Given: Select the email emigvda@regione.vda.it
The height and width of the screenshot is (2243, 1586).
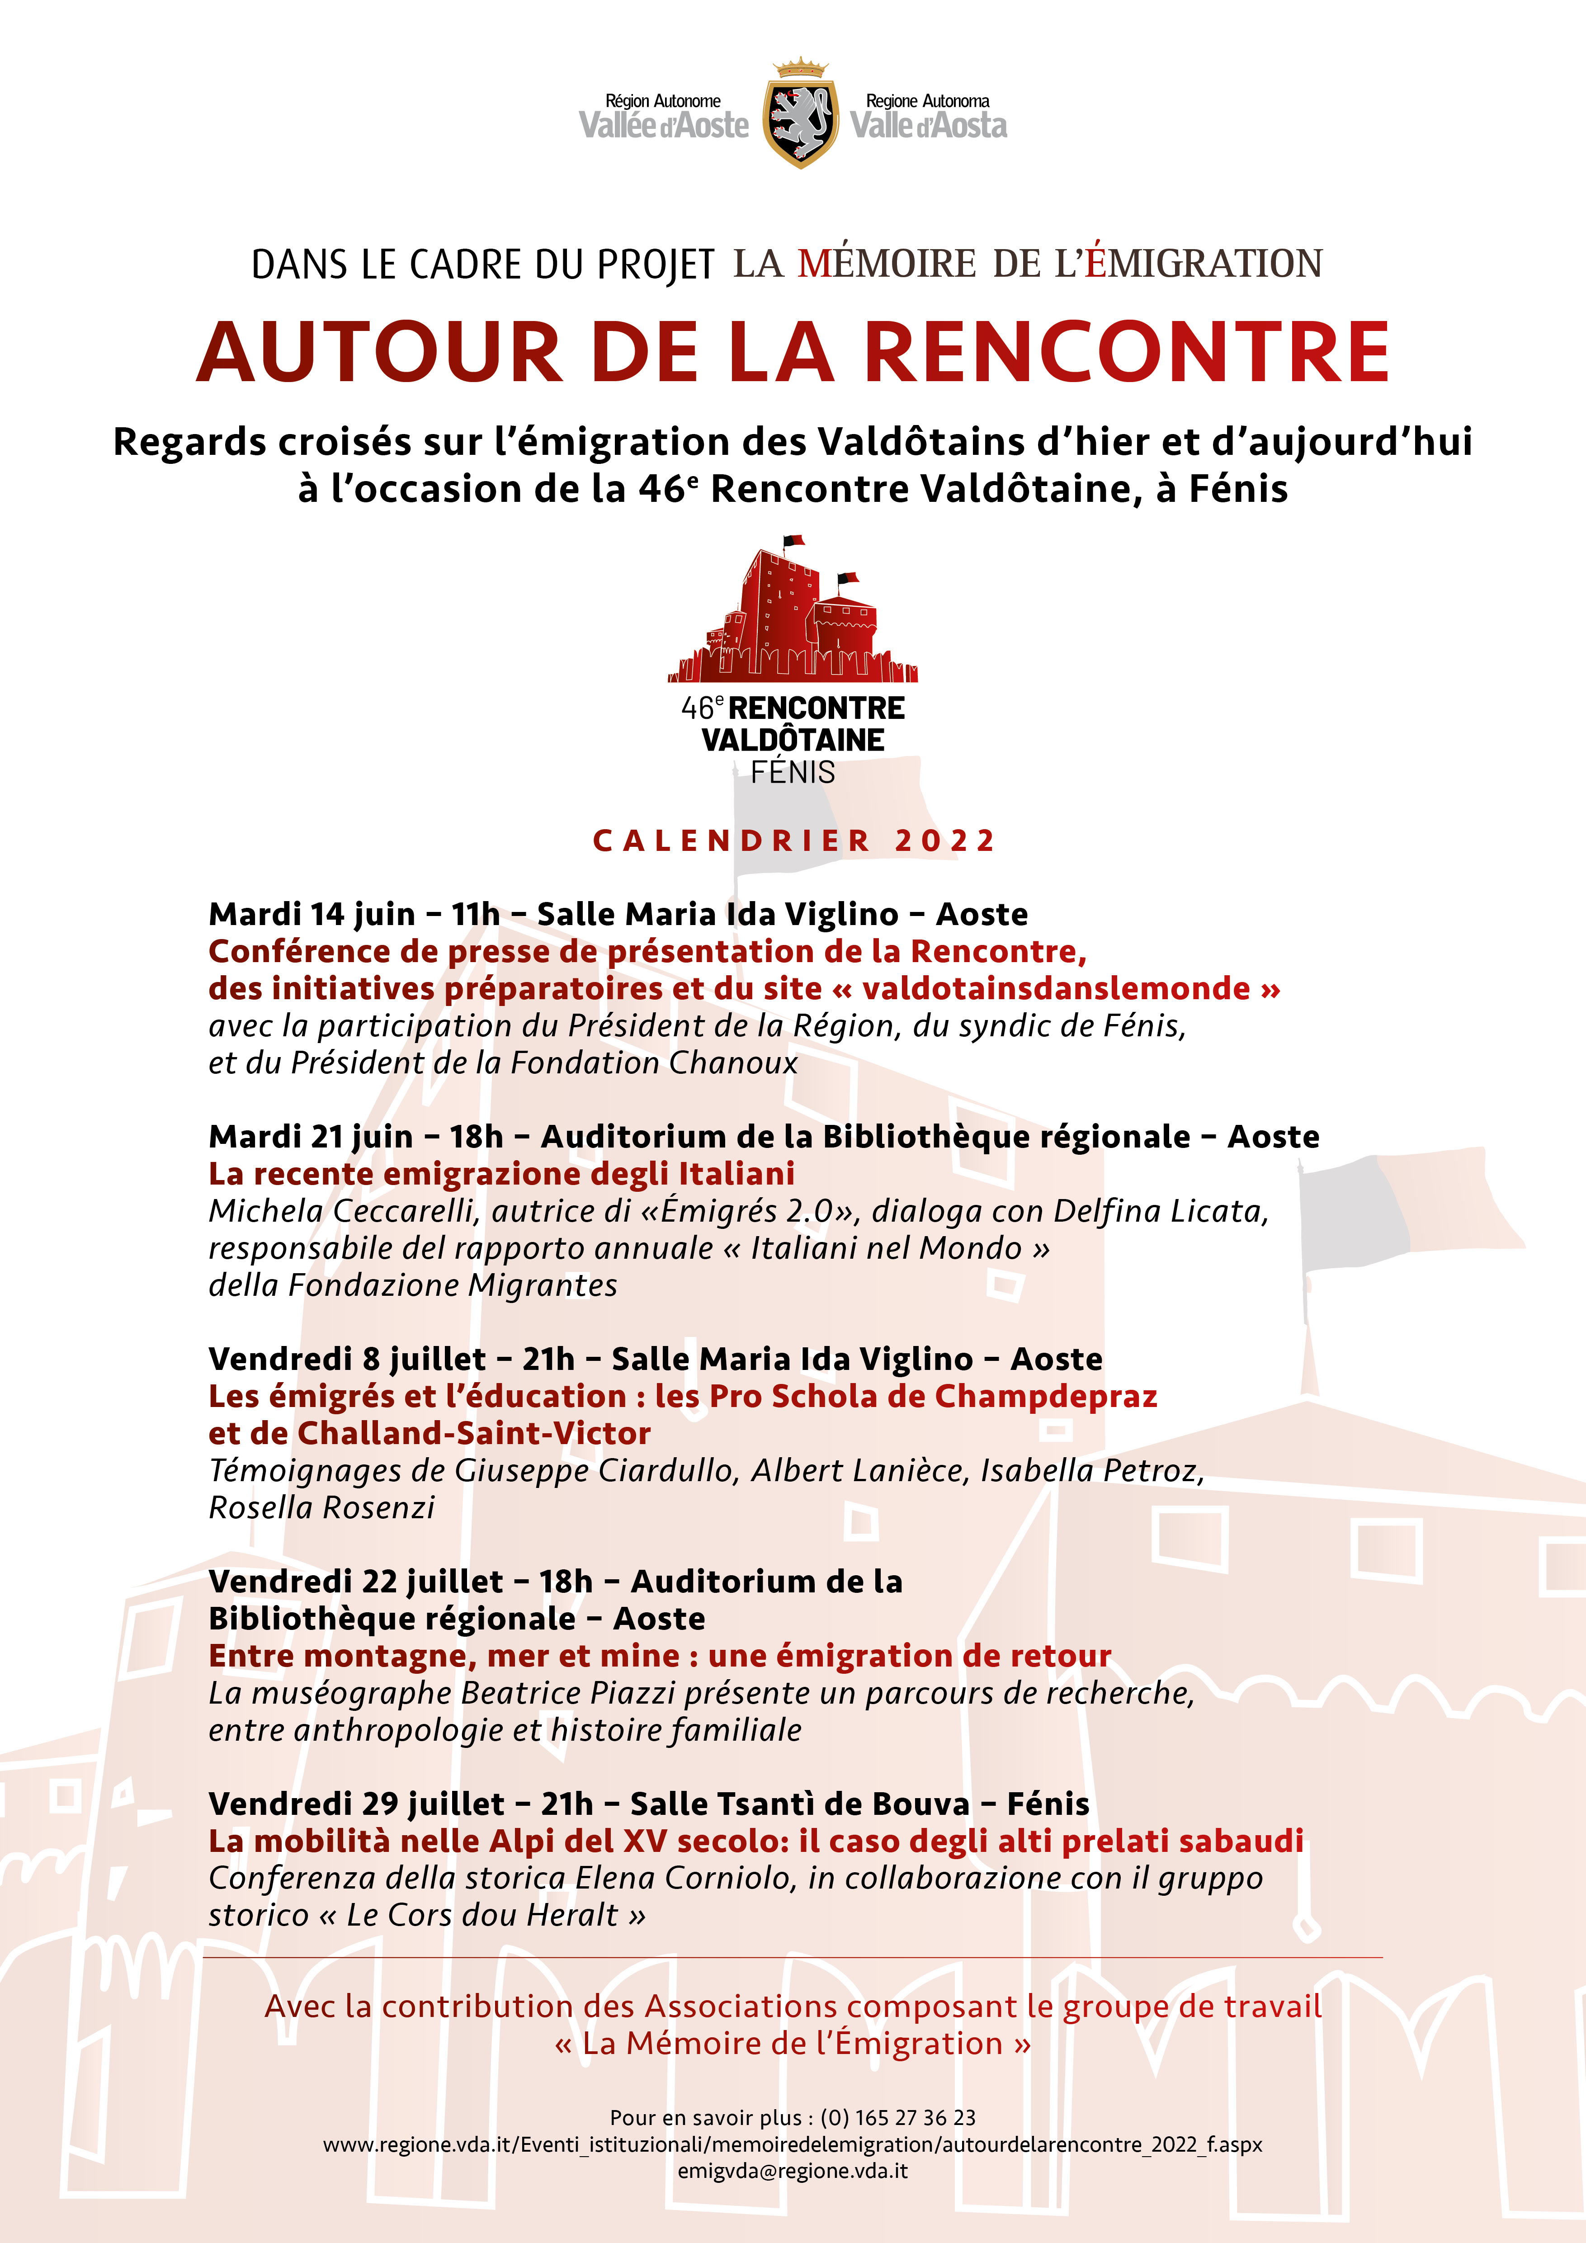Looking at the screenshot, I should tap(793, 2171).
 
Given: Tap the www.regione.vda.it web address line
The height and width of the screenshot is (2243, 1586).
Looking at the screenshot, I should tap(793, 2144).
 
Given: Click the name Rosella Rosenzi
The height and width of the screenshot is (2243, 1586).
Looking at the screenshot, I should tap(321, 1507).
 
